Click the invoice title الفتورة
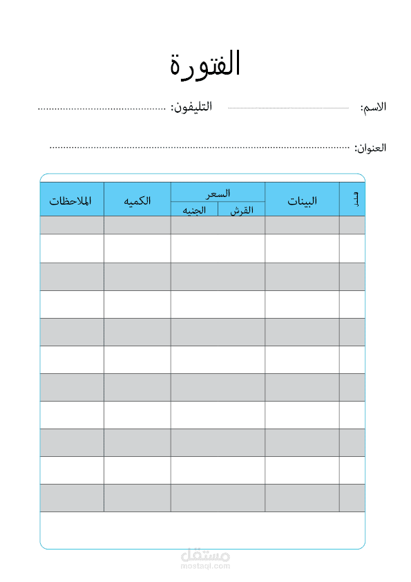(205, 64)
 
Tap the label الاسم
(373, 108)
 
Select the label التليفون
(191, 107)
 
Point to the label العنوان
(370, 148)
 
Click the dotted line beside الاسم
(288, 108)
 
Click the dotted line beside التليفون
(102, 108)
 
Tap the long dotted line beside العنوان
(200, 147)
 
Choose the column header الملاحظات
(71, 200)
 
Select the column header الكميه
(137, 200)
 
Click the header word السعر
(218, 193)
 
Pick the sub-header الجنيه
(194, 210)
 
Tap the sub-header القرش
(242, 210)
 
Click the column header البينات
(302, 201)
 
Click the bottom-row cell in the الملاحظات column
(72, 498)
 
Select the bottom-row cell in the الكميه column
(137, 498)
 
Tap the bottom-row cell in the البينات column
(302, 498)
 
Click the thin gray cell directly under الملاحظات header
(72, 225)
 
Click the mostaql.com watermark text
(205, 566)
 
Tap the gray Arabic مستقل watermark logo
(205, 555)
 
